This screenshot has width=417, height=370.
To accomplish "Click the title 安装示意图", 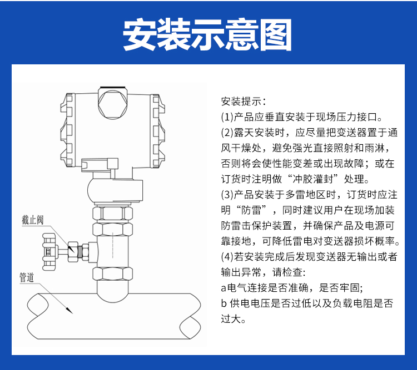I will coord(208,34).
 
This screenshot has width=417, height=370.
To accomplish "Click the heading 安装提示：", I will coord(244,102).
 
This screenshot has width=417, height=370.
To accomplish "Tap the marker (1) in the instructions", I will coord(227,117).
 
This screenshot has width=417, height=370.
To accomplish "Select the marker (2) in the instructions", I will coord(227,133).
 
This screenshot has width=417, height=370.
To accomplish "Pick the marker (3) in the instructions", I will coord(227,195).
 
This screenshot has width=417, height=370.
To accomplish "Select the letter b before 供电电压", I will coord(224,304).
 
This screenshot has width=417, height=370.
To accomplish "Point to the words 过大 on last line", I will coord(231,320).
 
